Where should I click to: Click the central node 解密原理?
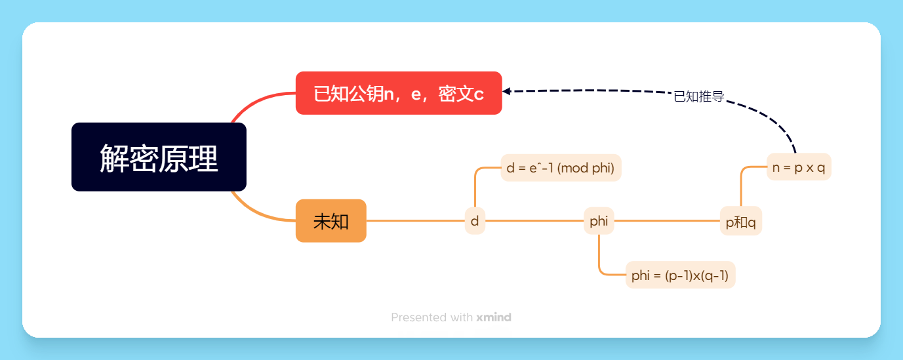coord(159,157)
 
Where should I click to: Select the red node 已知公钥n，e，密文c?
coord(399,93)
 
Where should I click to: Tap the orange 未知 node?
coord(331,221)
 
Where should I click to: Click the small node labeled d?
coord(475,221)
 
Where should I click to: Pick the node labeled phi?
coord(599,221)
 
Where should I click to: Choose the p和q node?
coord(740,222)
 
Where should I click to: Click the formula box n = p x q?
coord(799,167)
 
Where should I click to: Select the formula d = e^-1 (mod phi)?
coord(561,168)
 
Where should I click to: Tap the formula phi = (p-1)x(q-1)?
coord(680,275)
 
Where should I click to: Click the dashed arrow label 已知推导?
coord(699,97)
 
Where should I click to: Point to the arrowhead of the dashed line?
coord(507,92)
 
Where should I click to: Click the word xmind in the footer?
coord(494,317)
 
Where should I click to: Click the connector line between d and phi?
coord(534,221)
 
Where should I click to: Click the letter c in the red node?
coord(479,94)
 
